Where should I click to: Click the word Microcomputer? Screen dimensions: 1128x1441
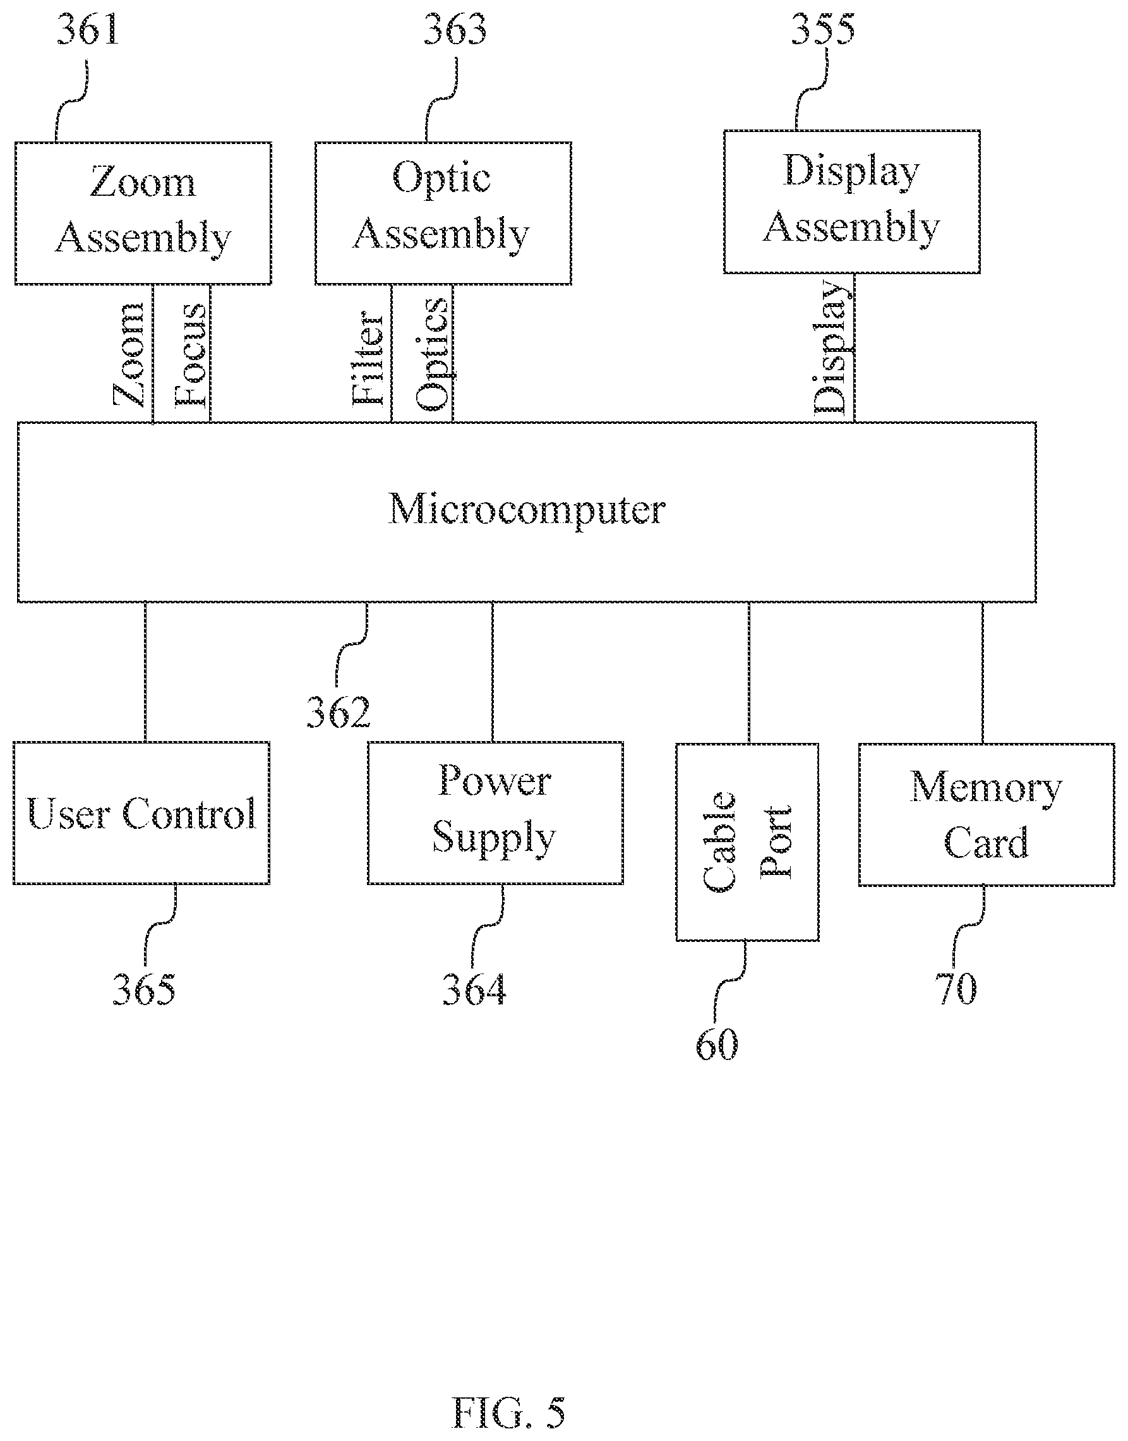coord(526,510)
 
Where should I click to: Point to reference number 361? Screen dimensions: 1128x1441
coord(88,30)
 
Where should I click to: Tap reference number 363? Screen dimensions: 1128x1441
coord(455,30)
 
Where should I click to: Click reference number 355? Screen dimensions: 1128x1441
coord(823,30)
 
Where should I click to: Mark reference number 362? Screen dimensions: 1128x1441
coord(338,713)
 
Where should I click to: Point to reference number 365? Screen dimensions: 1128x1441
coord(144,989)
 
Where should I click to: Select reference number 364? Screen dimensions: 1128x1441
coord(474,989)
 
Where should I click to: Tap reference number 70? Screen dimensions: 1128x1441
coord(956,989)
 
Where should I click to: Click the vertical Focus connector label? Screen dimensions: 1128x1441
coord(190,354)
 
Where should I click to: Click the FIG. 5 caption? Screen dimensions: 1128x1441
coord(508,1411)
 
